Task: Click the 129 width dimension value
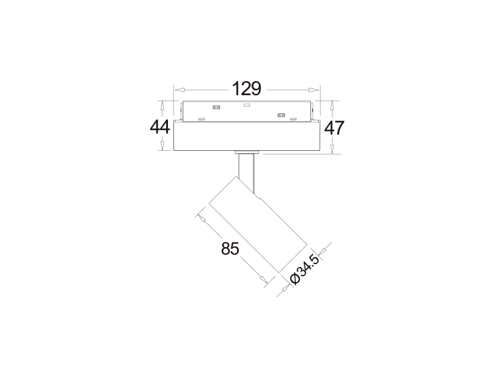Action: click(247, 88)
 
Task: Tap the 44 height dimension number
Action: click(160, 127)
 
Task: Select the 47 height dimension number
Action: click(334, 128)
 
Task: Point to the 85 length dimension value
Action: click(230, 248)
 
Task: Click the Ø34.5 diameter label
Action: click(304, 270)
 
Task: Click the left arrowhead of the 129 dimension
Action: click(179, 90)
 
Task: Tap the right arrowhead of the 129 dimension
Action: click(313, 90)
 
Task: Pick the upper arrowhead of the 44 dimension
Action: click(162, 106)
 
